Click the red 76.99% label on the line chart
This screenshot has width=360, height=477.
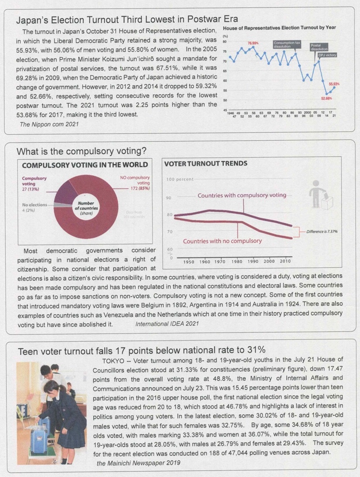[253, 43]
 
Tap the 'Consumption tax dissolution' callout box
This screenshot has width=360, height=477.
[286, 44]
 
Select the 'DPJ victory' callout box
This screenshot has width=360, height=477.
[327, 55]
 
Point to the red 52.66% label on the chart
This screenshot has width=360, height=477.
[327, 99]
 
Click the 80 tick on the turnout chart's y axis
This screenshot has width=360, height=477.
[225, 42]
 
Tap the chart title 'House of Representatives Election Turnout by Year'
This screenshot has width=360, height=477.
[282, 27]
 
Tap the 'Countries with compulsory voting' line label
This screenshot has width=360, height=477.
[242, 195]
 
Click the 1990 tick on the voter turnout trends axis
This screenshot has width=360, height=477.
[253, 261]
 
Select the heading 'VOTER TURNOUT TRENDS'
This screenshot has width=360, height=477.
[205, 164]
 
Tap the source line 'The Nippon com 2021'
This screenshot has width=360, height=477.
[45, 124]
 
